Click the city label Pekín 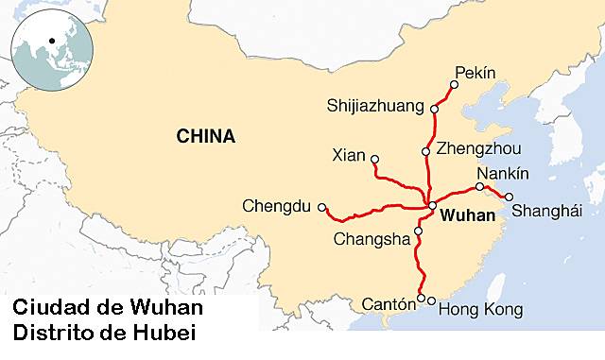[x=475, y=72]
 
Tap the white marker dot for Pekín [x=454, y=85]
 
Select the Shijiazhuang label [x=375, y=105]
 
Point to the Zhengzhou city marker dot [x=426, y=152]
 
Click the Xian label [x=350, y=153]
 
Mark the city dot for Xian [x=375, y=159]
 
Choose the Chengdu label [x=277, y=205]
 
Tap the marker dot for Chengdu [x=321, y=206]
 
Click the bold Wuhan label [x=468, y=216]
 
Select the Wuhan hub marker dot [x=432, y=205]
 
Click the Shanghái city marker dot [x=509, y=197]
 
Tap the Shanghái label [x=547, y=212]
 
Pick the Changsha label [x=372, y=239]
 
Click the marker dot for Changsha [x=418, y=230]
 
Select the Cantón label [x=389, y=304]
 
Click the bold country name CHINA [x=206, y=137]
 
